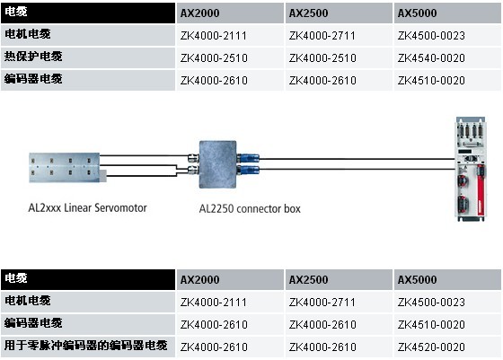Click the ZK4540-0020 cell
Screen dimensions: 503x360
click(x=431, y=58)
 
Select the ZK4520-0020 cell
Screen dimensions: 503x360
click(x=431, y=347)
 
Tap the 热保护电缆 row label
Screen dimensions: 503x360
click(x=33, y=57)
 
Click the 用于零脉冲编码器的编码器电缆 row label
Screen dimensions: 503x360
click(x=85, y=346)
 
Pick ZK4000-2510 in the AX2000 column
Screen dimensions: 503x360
click(x=214, y=58)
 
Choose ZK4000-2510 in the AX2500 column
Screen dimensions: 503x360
click(x=322, y=58)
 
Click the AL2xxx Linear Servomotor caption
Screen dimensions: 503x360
click(x=88, y=207)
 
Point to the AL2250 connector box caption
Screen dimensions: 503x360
click(x=250, y=208)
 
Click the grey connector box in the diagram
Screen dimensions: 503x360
click(x=217, y=164)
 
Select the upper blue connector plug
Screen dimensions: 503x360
click(x=249, y=158)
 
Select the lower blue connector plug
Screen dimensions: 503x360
click(x=249, y=169)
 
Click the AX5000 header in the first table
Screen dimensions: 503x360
click(x=417, y=13)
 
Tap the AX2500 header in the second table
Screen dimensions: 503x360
click(x=309, y=279)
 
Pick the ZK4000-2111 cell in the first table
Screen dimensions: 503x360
click(x=214, y=36)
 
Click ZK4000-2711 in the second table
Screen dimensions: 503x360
click(x=322, y=302)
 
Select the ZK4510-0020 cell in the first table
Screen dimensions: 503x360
click(x=431, y=81)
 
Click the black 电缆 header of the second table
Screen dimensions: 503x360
click(x=88, y=279)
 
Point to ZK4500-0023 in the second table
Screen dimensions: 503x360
click(x=431, y=302)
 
